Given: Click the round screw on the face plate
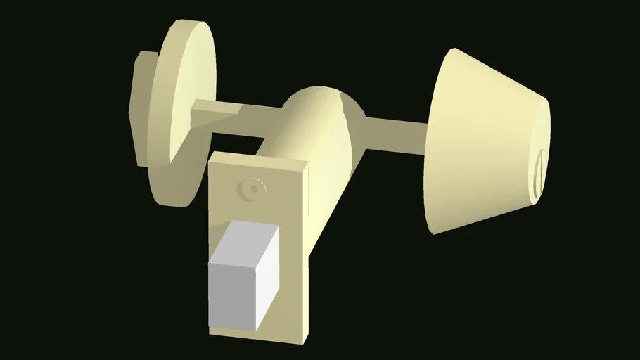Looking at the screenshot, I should [x=252, y=187].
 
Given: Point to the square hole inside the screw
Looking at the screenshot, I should [x=252, y=187].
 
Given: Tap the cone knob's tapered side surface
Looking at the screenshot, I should [x=478, y=141].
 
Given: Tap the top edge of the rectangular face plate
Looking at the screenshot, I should [x=260, y=161].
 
